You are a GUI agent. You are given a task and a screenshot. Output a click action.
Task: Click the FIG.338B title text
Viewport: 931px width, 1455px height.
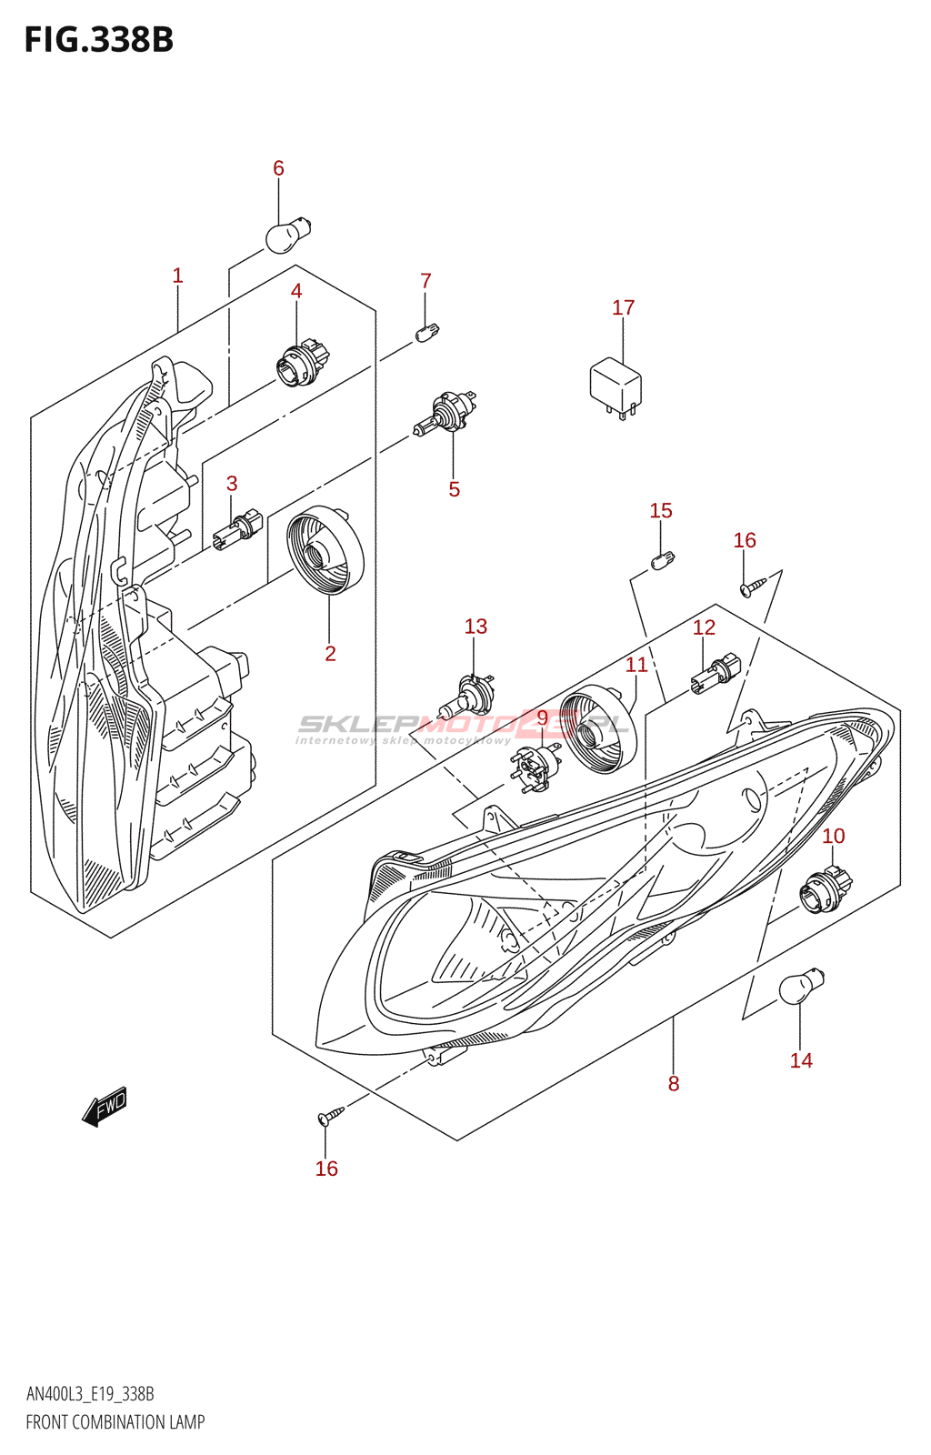tap(99, 40)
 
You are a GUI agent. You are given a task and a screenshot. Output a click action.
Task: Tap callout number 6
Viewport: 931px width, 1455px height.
tap(278, 168)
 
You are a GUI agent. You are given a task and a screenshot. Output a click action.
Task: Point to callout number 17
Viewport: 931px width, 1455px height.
tap(624, 307)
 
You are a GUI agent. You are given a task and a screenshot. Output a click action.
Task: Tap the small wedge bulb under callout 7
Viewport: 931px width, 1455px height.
tap(426, 333)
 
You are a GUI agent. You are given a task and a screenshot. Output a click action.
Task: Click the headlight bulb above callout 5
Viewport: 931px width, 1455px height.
tap(445, 412)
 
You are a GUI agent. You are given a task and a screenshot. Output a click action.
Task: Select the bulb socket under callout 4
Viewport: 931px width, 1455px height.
tap(302, 364)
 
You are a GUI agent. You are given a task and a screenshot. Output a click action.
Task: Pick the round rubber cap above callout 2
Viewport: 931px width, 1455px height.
tap(325, 550)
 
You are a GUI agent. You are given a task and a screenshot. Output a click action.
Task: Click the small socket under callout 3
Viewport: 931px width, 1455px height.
tap(237, 530)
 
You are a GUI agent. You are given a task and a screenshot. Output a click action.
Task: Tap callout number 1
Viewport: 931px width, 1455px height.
tap(177, 276)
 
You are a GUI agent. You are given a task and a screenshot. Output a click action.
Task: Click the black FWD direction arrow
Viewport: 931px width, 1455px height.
tap(104, 1107)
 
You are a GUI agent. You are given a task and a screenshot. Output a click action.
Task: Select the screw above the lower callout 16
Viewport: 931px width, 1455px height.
tap(330, 1115)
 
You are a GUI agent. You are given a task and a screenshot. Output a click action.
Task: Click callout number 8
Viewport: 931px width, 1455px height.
tap(674, 1083)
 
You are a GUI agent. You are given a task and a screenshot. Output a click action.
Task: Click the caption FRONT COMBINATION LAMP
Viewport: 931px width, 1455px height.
tap(115, 1422)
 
